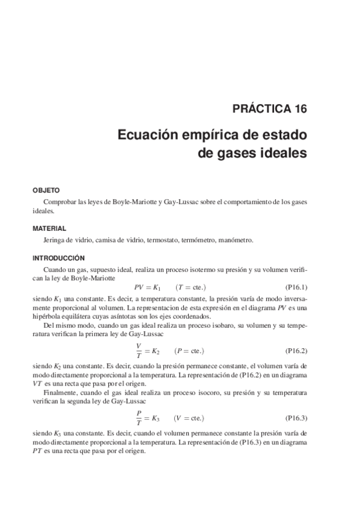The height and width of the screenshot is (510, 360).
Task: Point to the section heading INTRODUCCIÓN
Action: (58, 257)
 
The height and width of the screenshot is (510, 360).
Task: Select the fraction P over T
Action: (139, 417)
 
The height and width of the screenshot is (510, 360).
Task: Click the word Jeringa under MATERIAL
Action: (55, 240)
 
